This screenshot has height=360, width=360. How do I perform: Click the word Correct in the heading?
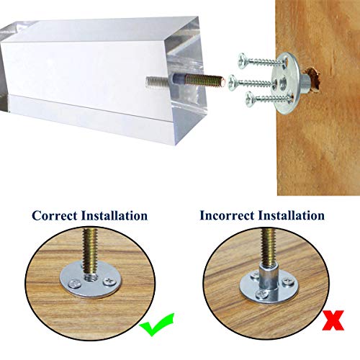click(55, 215)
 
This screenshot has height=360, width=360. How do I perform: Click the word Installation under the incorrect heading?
click(292, 215)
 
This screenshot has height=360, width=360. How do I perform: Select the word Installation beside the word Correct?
click(114, 215)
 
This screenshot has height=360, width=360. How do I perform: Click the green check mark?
click(157, 325)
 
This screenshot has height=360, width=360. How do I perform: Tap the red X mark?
click(333, 320)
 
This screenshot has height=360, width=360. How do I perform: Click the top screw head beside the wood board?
click(243, 61)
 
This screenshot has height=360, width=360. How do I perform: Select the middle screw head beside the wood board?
click(232, 83)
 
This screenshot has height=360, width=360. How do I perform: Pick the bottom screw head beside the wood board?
click(250, 99)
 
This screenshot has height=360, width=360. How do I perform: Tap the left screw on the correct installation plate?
click(73, 284)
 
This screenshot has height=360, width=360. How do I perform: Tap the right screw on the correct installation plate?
click(108, 281)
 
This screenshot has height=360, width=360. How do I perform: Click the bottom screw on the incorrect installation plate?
click(261, 294)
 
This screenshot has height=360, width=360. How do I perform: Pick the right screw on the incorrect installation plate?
click(287, 281)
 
